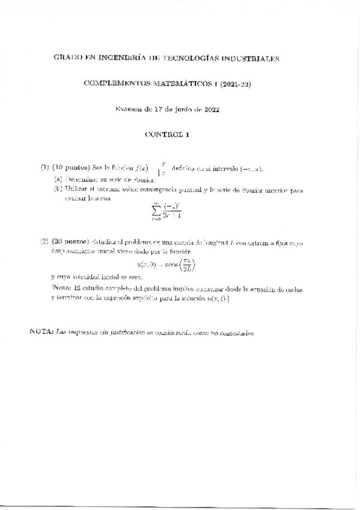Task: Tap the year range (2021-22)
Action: [235, 84]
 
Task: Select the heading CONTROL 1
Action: [167, 135]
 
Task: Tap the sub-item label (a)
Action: [58, 179]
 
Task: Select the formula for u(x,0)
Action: [167, 264]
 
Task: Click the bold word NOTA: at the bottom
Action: [41, 331]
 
